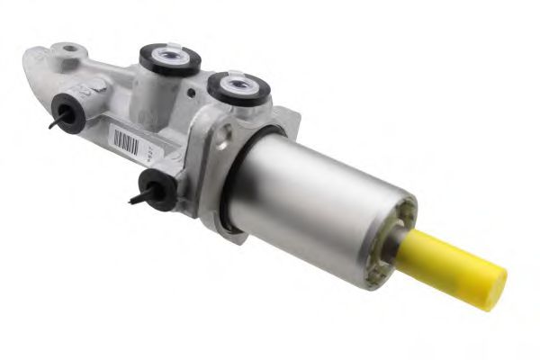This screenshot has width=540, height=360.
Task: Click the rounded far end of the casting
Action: click(36, 63)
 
